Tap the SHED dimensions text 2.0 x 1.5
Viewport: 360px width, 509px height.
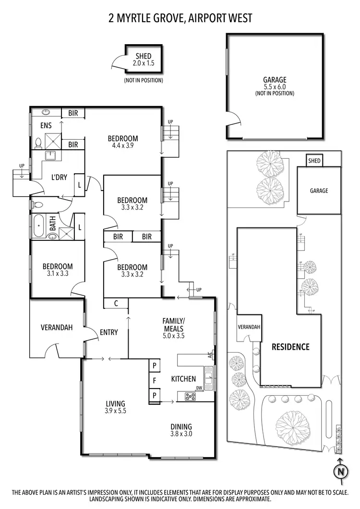144,63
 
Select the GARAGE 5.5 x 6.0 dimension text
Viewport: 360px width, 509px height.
274,87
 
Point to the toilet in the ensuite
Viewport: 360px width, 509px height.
37,143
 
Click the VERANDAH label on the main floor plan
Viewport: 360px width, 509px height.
56,328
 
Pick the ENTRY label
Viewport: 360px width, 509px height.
109,332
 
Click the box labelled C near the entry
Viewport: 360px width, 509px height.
116,303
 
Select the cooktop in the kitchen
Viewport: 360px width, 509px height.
190,397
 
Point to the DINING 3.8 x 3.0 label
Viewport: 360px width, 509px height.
181,430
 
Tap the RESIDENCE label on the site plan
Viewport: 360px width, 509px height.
290,347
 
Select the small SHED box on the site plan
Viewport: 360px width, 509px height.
314,161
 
